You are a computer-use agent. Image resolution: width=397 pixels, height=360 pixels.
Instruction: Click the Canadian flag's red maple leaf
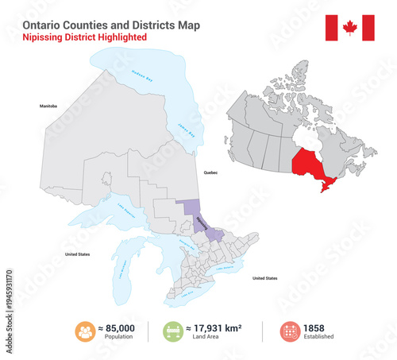pyautogui.click(x=350, y=28)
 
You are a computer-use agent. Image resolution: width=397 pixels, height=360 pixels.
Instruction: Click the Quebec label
pyautogui.click(x=210, y=172)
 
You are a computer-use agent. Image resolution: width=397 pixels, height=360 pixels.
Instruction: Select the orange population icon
pyautogui.click(x=86, y=331)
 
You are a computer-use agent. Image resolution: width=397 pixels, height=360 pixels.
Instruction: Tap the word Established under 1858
pyautogui.click(x=318, y=337)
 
